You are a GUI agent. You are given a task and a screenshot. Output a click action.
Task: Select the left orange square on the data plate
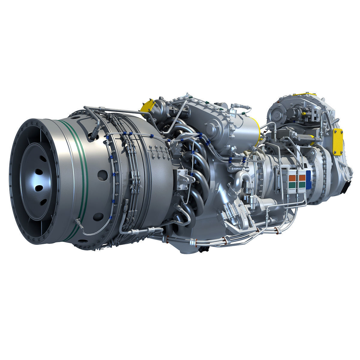pos(292,177)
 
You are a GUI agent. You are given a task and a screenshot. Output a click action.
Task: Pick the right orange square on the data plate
pos(302,177)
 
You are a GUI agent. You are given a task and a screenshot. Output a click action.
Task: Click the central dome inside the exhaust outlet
pos(35,180)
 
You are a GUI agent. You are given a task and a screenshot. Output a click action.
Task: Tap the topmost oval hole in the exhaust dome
pos(38,172)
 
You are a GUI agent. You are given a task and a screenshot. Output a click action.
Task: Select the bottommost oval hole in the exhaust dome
pos(42,202)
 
